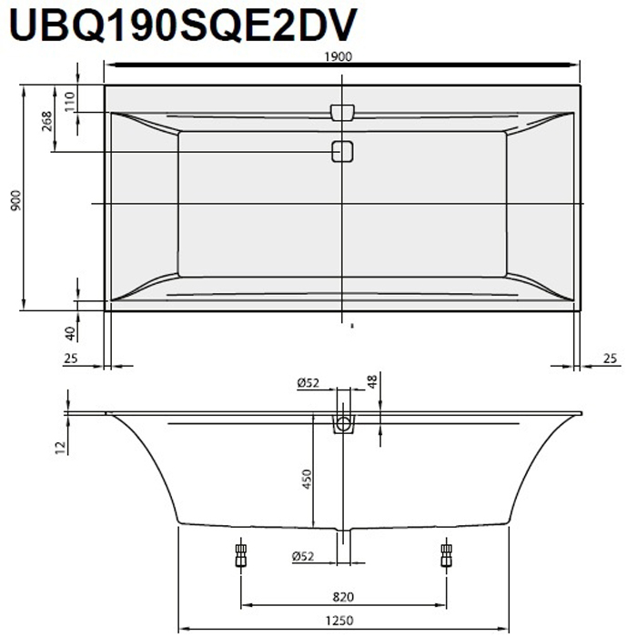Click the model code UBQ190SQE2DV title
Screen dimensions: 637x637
click(x=180, y=25)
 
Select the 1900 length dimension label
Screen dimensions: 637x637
click(x=342, y=56)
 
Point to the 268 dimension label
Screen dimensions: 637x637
click(x=47, y=120)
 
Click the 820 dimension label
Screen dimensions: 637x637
click(x=342, y=597)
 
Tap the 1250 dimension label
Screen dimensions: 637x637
click(x=342, y=621)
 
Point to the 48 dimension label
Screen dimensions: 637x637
click(x=371, y=381)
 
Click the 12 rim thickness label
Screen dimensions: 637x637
click(x=59, y=445)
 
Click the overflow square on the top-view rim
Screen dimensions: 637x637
click(x=342, y=112)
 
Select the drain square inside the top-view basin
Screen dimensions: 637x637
click(x=342, y=152)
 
